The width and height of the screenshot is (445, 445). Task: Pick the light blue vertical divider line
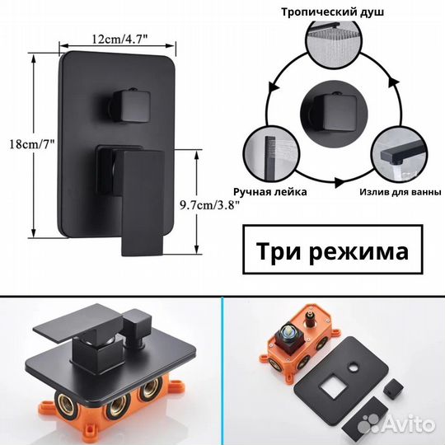tap(222, 371)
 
